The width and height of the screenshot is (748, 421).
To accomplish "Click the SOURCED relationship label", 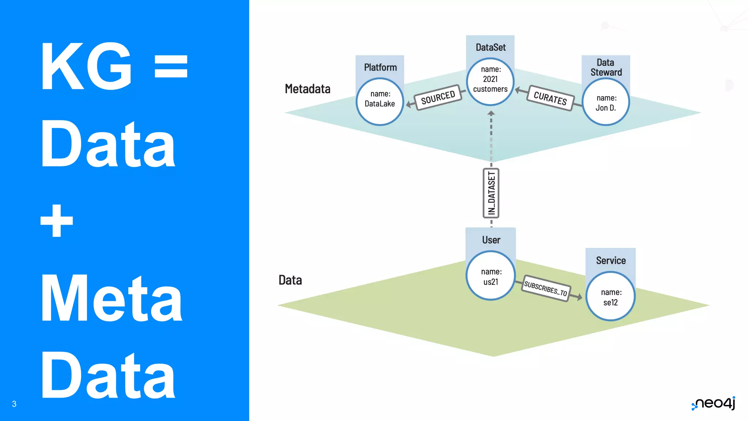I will coord(438,97).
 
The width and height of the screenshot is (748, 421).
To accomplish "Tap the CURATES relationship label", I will coord(550,98).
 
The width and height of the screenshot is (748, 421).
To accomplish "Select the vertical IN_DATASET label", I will coord(491,193).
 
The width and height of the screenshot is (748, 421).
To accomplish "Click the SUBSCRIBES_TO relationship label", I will coord(545,288).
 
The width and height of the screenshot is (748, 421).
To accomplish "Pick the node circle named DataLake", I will coord(380,102).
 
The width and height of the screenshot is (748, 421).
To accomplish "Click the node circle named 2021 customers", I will coord(491,81).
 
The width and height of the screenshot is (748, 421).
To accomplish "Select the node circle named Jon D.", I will coord(606,102).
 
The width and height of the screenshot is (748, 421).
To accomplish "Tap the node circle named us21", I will coord(491,276).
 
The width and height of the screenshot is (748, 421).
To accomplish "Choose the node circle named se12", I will coord(610,297).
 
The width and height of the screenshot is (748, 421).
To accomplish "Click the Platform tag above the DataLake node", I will coord(380,67).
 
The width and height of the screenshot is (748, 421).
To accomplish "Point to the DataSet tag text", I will coord(491,47).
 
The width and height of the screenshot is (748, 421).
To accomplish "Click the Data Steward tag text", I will coord(606,67).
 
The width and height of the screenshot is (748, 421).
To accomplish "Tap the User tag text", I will coord(491,240).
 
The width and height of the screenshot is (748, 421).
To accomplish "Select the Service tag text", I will coord(611,260).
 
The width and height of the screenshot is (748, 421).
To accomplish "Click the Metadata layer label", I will coord(308,89).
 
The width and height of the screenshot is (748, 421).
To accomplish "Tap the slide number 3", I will coord(14,404).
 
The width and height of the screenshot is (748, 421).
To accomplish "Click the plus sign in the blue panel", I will coord(57,221).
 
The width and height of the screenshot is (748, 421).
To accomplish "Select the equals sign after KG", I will coord(171,67).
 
